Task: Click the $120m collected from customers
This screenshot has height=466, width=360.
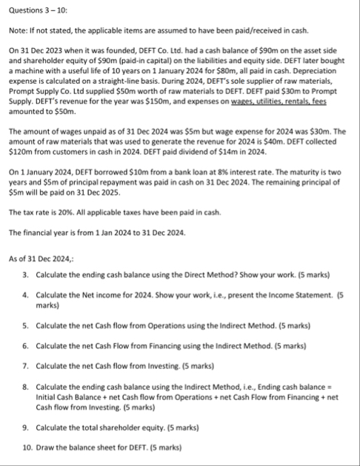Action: [x=21, y=150]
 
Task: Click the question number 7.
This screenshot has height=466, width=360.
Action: [x=25, y=365]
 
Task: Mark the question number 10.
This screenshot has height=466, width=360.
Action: [x=27, y=447]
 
